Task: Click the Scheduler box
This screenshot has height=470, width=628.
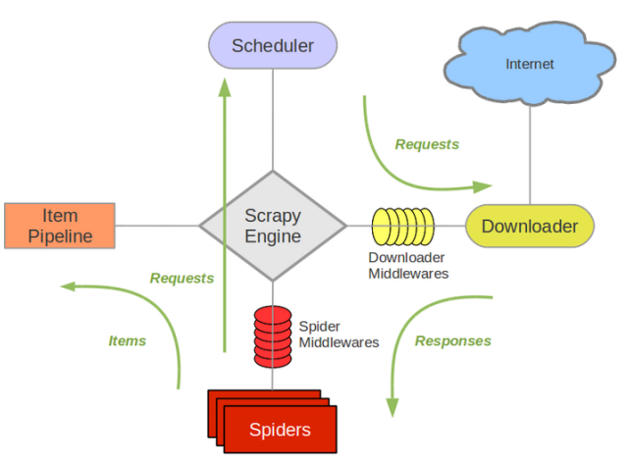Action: pyautogui.click(x=273, y=45)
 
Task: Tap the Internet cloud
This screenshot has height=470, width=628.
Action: pyautogui.click(x=529, y=64)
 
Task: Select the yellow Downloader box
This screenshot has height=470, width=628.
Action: pyautogui.click(x=529, y=226)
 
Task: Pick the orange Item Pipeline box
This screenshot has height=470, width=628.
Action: pyautogui.click(x=60, y=225)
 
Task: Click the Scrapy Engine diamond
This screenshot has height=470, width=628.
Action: pyautogui.click(x=273, y=226)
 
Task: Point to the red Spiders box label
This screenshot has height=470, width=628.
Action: pyautogui.click(x=280, y=430)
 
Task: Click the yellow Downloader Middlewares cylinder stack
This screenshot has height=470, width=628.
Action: pyautogui.click(x=402, y=226)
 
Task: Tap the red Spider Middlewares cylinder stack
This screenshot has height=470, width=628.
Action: pyautogui.click(x=273, y=335)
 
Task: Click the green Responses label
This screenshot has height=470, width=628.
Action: pyautogui.click(x=452, y=340)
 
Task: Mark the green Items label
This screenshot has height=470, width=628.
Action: pyautogui.click(x=127, y=340)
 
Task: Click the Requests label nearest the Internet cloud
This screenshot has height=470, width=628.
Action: pyautogui.click(x=427, y=144)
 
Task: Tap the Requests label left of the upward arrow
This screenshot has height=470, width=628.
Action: pyautogui.click(x=182, y=278)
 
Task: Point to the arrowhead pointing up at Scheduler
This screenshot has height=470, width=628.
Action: pyautogui.click(x=225, y=86)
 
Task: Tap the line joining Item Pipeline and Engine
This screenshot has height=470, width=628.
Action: pyautogui.click(x=157, y=226)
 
